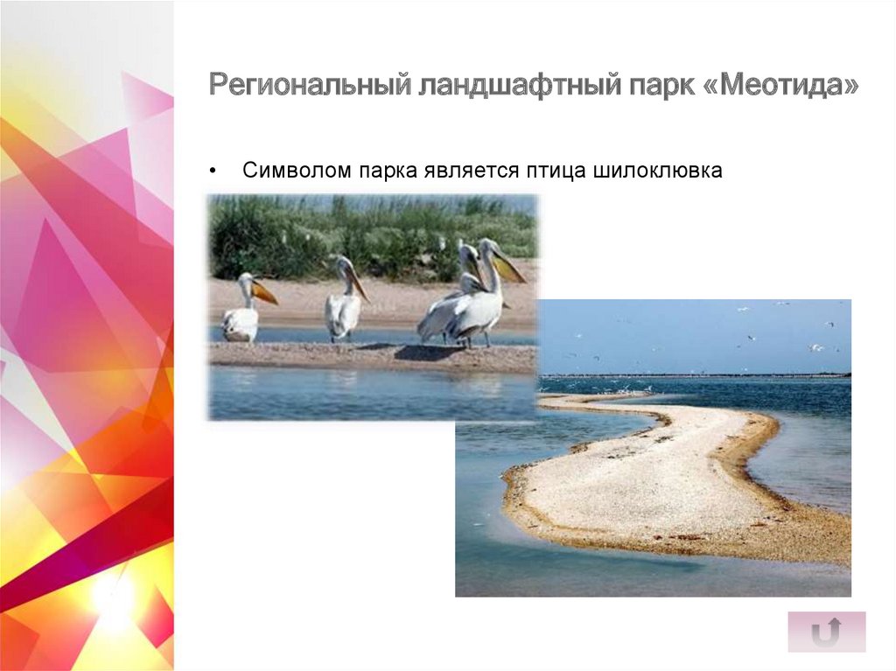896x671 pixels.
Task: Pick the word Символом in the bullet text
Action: [293, 171]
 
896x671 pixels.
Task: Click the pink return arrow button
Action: [826, 631]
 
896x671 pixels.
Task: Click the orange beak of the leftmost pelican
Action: [264, 293]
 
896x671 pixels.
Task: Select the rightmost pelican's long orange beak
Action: [509, 267]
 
